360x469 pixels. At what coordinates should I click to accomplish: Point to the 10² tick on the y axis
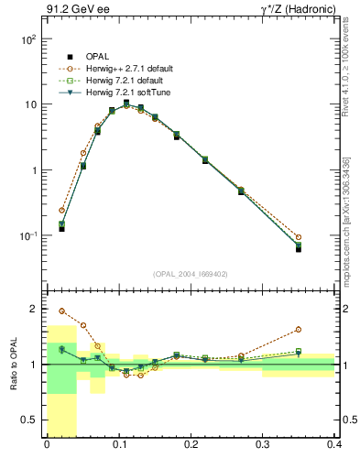[x=28, y=40]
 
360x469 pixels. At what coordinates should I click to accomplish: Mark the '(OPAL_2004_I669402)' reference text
[x=191, y=274]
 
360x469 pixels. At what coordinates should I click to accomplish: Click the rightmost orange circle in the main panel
[x=299, y=237]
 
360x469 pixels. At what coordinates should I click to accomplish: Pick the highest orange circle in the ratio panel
[x=62, y=311]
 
